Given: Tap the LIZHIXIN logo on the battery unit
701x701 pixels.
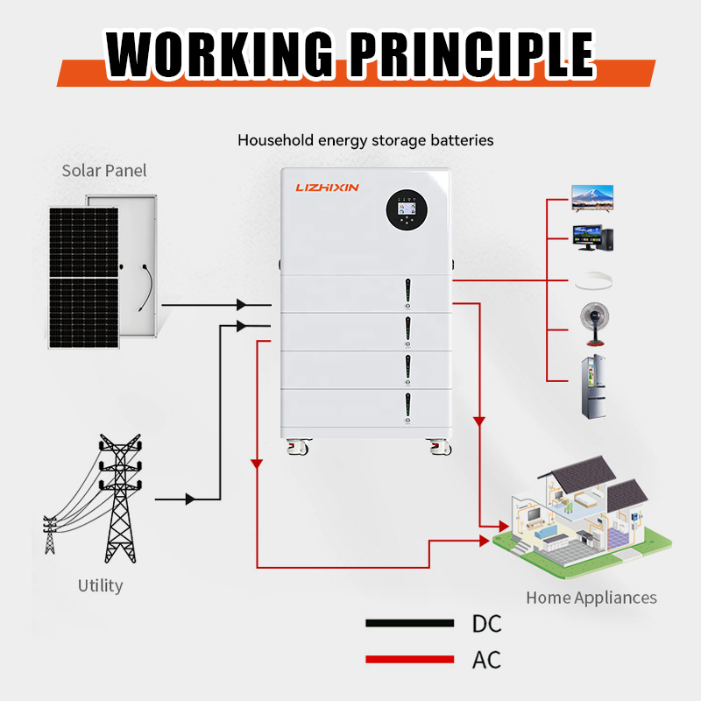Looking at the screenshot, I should (x=328, y=187).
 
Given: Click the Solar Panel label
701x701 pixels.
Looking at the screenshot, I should (x=103, y=170).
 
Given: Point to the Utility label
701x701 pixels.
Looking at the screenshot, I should (x=100, y=585).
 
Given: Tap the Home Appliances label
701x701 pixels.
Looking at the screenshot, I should (x=591, y=598).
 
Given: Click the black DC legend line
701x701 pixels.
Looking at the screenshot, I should (x=409, y=624).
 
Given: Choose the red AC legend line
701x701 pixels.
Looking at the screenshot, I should (x=409, y=659).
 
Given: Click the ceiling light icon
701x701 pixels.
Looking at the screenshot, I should (x=591, y=282).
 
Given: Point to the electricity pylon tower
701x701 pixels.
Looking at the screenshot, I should (x=117, y=499).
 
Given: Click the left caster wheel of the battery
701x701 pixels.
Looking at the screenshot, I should (x=298, y=447).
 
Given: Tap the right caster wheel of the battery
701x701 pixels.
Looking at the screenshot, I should (x=438, y=447).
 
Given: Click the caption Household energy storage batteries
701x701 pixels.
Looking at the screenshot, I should (x=365, y=140).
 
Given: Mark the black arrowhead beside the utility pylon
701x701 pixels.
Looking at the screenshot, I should (x=189, y=499).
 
